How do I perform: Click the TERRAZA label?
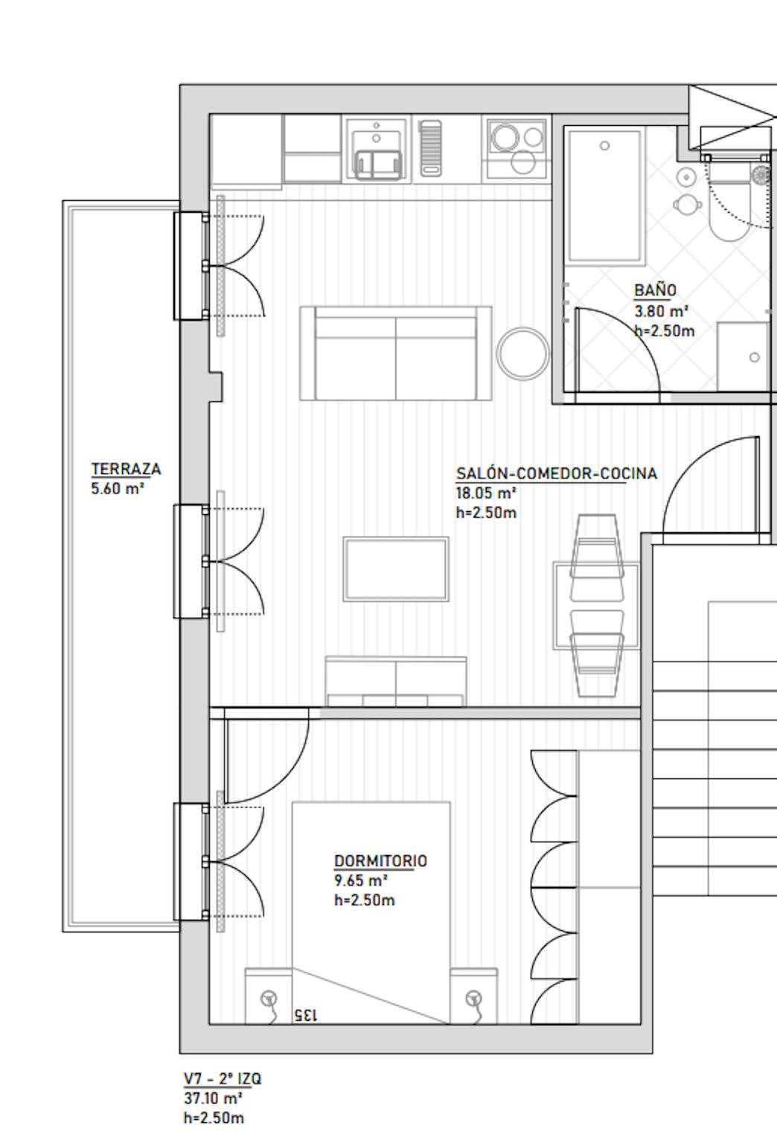(126, 469)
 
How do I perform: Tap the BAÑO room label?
(655, 289)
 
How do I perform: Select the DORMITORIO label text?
(380, 861)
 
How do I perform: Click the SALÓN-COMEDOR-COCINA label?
(557, 473)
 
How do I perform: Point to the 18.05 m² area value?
(486, 493)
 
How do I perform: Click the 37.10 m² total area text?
(213, 1098)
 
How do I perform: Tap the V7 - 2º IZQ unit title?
(223, 1078)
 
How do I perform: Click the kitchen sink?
(377, 150)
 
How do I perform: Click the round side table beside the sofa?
(523, 353)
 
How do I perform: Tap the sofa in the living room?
(396, 353)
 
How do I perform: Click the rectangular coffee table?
(396, 569)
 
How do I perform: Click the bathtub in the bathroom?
(604, 196)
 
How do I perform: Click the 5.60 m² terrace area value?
(118, 488)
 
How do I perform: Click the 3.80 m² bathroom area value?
(662, 311)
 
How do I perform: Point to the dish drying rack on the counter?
(430, 149)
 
